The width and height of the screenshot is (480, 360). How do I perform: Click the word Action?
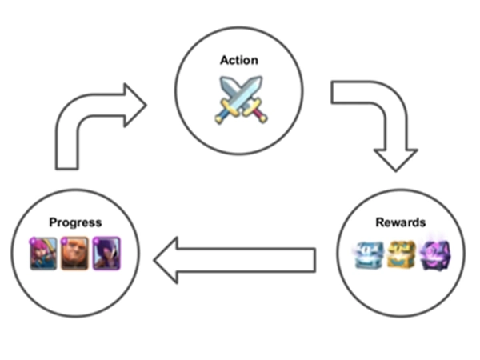(x=238, y=61)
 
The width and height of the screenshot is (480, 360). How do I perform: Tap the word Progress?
(x=75, y=222)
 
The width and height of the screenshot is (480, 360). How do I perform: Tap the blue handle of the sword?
(x=221, y=114)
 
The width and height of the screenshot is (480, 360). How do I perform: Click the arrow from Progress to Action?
(x=88, y=120)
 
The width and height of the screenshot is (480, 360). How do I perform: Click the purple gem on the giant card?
(x=64, y=238)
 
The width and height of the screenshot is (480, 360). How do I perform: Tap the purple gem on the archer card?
(x=34, y=238)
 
